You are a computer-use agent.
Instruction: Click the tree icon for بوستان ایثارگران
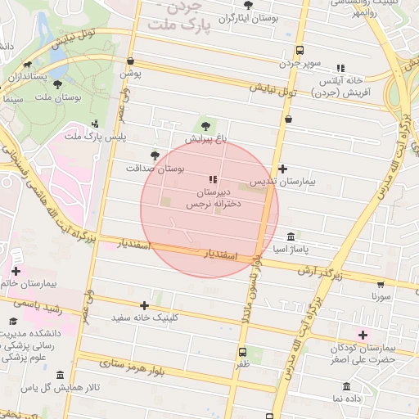tap(248, 5)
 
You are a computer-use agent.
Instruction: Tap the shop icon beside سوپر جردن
tap(299, 50)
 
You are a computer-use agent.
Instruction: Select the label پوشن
tap(131, 74)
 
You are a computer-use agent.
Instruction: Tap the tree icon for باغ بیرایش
tap(205, 125)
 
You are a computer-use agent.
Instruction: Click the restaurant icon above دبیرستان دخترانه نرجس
tap(213, 179)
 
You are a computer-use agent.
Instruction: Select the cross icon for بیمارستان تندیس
tap(282, 169)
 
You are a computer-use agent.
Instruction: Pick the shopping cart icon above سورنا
tap(381, 285)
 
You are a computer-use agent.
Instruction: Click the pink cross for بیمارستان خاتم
tap(16, 271)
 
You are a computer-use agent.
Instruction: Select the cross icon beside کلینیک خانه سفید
tap(145, 305)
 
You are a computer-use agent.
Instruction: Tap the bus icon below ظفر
tap(242, 352)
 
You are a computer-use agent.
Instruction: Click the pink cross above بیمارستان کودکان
tap(363, 335)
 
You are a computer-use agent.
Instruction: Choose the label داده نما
tap(347, 398)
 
